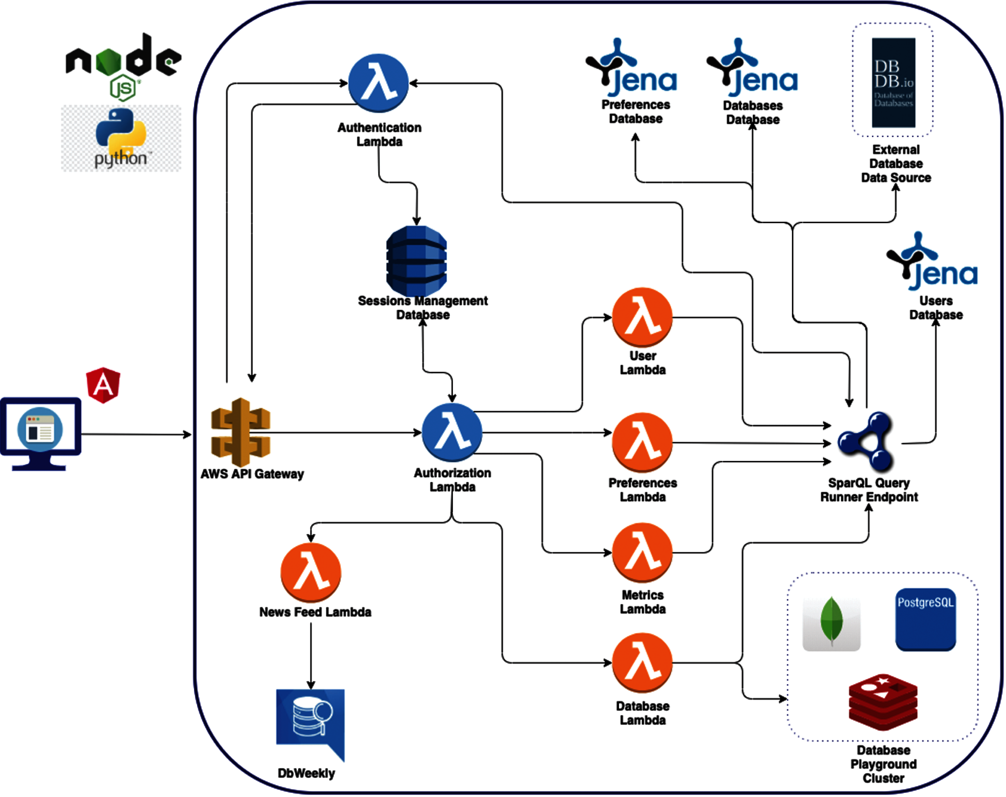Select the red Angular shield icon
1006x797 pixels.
(103, 385)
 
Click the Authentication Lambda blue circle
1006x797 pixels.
(378, 83)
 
